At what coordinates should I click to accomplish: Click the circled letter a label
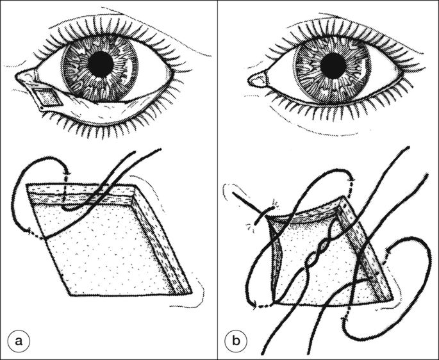19,341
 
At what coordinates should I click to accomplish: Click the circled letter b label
236,341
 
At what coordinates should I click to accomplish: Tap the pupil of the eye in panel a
101,65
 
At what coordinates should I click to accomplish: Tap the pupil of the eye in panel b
333,65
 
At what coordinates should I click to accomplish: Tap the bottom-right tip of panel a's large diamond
192,293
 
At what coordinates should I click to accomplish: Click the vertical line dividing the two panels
217,180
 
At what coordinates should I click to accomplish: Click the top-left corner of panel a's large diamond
26,184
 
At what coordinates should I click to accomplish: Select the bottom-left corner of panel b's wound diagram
274,303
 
